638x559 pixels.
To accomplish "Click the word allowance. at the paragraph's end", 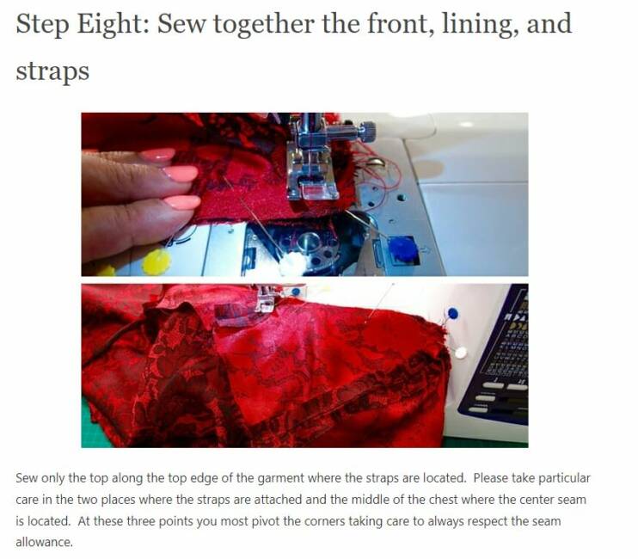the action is point(45,543).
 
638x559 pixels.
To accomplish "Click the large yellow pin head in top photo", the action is point(156,261).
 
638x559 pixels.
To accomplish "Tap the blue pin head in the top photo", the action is point(402,249).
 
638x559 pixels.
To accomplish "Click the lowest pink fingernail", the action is point(183,202).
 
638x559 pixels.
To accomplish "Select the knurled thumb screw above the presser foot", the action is point(368,131).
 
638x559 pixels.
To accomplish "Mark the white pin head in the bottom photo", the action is point(460,353).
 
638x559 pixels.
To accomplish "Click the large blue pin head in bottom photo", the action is point(452,314).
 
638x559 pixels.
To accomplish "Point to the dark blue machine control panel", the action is point(494,358).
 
